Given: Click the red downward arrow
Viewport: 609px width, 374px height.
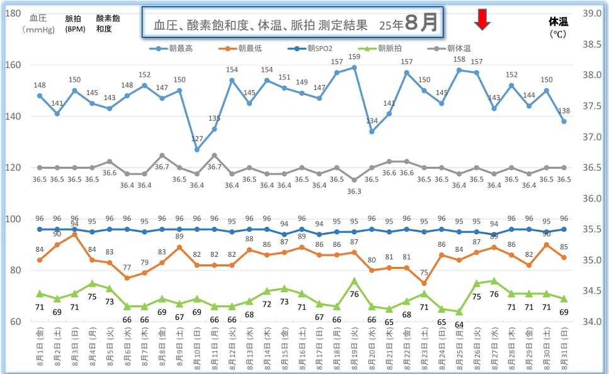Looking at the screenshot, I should pos(482,20).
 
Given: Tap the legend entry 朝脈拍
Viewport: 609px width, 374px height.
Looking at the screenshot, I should pos(392,48).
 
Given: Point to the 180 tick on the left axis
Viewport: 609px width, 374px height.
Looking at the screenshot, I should pos(13,13).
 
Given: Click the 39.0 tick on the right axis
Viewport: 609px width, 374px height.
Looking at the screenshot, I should pos(593,13).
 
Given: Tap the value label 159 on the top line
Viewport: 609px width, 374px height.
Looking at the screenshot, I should pos(354,57).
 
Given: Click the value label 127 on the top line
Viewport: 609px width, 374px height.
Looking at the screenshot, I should pos(197,139).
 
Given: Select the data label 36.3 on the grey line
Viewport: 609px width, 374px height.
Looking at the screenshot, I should pos(354,191).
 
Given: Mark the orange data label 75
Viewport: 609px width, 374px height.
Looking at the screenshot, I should pos(424,273).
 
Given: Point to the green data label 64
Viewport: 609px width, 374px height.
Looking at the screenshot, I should pos(459,324).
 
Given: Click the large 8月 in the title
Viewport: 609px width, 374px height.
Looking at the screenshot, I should pos(421,23).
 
